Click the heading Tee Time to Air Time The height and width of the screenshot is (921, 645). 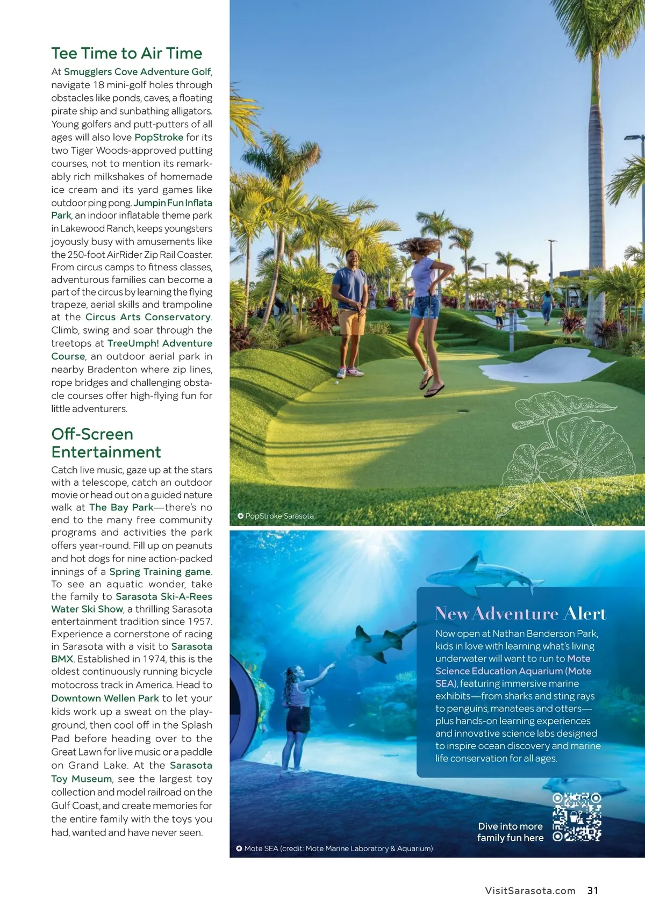click(127, 53)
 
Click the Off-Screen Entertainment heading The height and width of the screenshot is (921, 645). click(106, 443)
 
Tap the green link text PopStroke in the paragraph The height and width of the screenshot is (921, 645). click(159, 137)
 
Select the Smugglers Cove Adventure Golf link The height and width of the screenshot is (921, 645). click(137, 71)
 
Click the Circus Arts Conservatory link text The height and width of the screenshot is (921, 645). click(148, 317)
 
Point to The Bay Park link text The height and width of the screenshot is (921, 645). click(121, 507)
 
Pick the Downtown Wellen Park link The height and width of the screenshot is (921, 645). click(105, 698)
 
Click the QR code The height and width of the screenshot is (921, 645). click(577, 817)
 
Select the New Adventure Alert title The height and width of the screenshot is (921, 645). click(520, 614)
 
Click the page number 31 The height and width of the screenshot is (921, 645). click(593, 890)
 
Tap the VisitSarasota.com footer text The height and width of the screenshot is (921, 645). click(530, 890)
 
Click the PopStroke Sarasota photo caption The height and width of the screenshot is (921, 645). click(279, 516)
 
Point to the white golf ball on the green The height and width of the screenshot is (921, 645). click(337, 383)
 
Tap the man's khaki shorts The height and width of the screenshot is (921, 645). click(352, 321)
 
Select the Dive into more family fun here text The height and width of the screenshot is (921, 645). click(510, 832)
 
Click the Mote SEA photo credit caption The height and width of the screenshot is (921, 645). click(338, 848)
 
